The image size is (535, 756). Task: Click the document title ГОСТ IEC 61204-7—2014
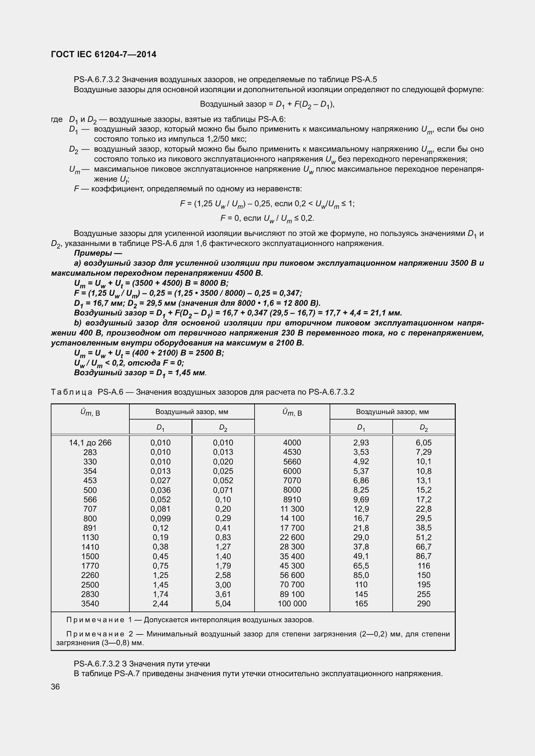[104, 54]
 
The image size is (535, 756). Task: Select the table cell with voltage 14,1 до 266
[90, 442]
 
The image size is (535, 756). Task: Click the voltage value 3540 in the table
[90, 603]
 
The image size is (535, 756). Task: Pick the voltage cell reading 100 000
[292, 603]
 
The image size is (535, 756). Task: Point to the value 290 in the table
[423, 603]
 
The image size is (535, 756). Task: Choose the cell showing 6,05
[423, 442]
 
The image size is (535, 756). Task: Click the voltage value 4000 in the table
[292, 442]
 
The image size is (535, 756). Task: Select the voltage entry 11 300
[292, 509]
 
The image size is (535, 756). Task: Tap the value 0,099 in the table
[160, 518]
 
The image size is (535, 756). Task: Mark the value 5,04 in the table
[223, 603]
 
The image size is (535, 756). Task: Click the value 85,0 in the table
[361, 575]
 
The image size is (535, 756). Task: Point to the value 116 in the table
[423, 566]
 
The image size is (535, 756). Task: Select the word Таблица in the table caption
[72, 392]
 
